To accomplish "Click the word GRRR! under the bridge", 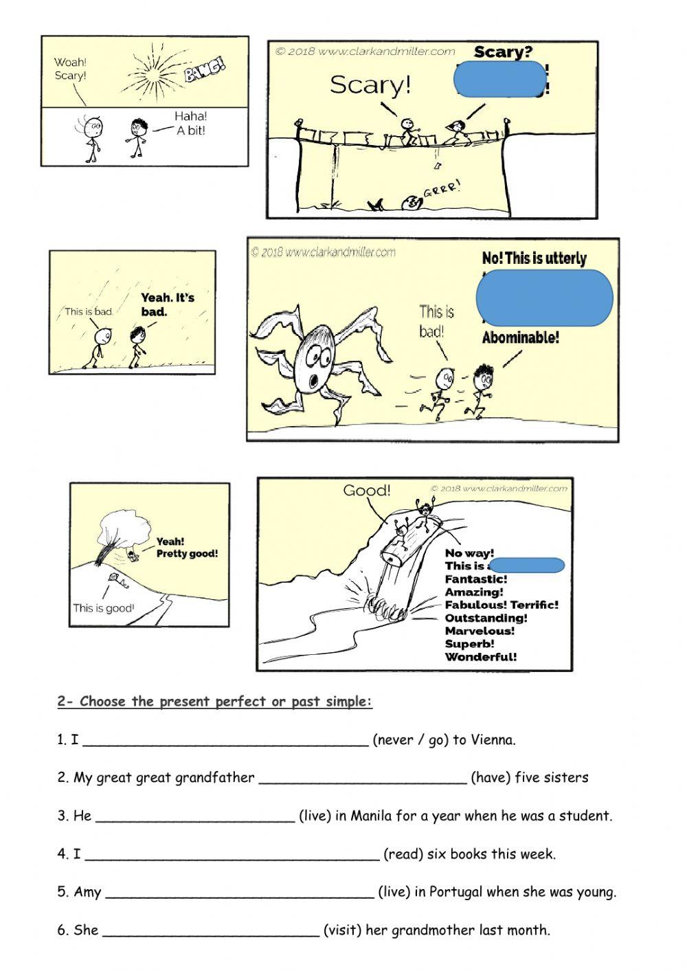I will click(x=441, y=188).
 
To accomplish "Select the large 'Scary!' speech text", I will click(x=370, y=85).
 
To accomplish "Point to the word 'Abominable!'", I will click(x=520, y=337).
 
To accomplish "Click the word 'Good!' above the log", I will click(x=367, y=490).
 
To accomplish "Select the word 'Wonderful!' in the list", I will click(x=481, y=656).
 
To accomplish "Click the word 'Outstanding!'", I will click(x=486, y=618).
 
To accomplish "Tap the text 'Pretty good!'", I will click(x=187, y=553).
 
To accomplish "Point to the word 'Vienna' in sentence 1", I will click(x=492, y=740).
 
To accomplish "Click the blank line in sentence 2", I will click(x=363, y=781).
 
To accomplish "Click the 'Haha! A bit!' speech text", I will click(x=190, y=124).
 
